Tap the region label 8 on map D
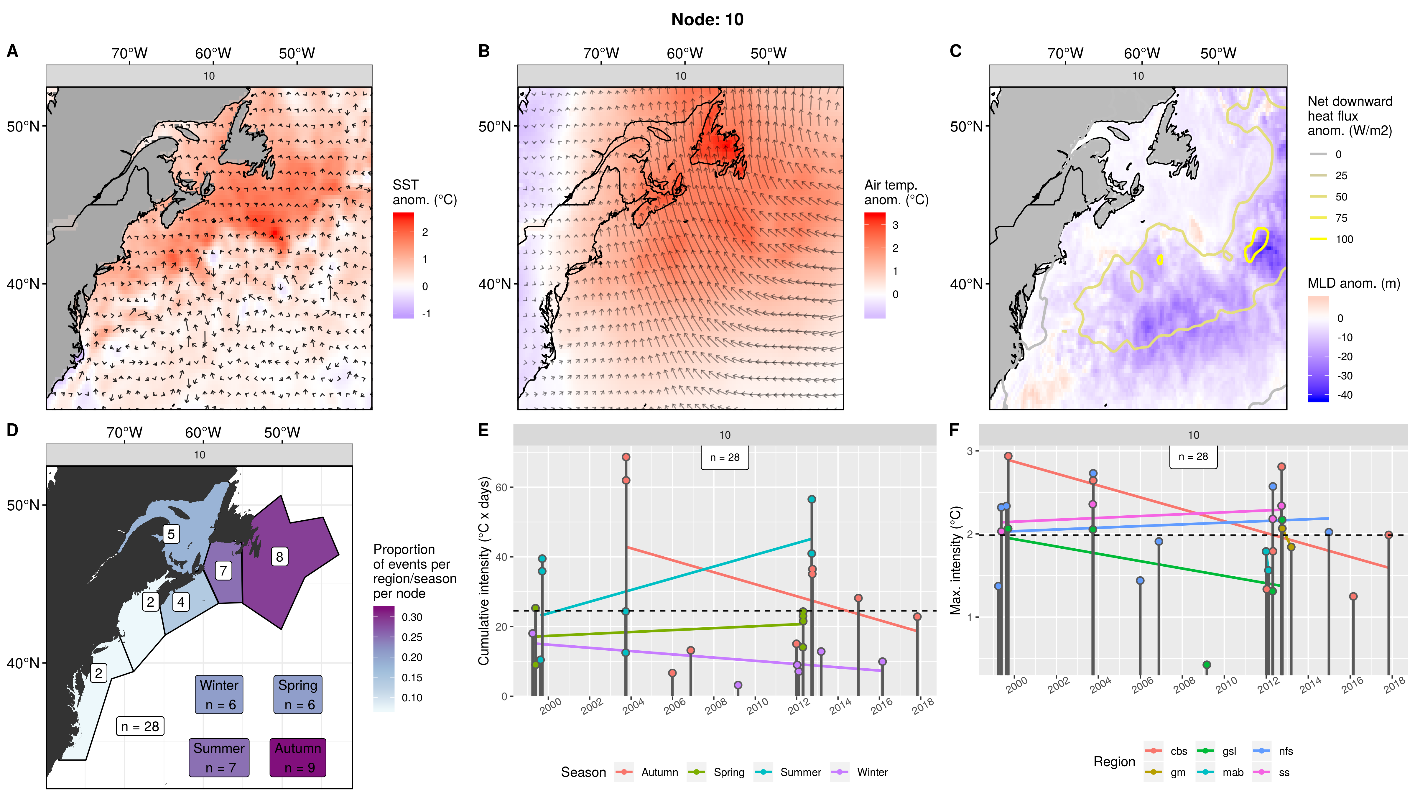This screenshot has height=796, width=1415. click(279, 557)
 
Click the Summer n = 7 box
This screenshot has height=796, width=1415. click(219, 758)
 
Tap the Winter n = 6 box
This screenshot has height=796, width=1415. click(219, 694)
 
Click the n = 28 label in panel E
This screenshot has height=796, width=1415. click(725, 458)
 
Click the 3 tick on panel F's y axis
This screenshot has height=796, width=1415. click(970, 451)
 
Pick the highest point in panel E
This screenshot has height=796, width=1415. click(626, 457)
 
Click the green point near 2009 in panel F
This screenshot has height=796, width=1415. click(1207, 665)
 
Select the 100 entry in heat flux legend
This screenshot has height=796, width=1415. click(1344, 239)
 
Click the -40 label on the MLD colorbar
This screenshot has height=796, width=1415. click(1344, 395)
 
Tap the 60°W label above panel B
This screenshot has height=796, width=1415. click(685, 53)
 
